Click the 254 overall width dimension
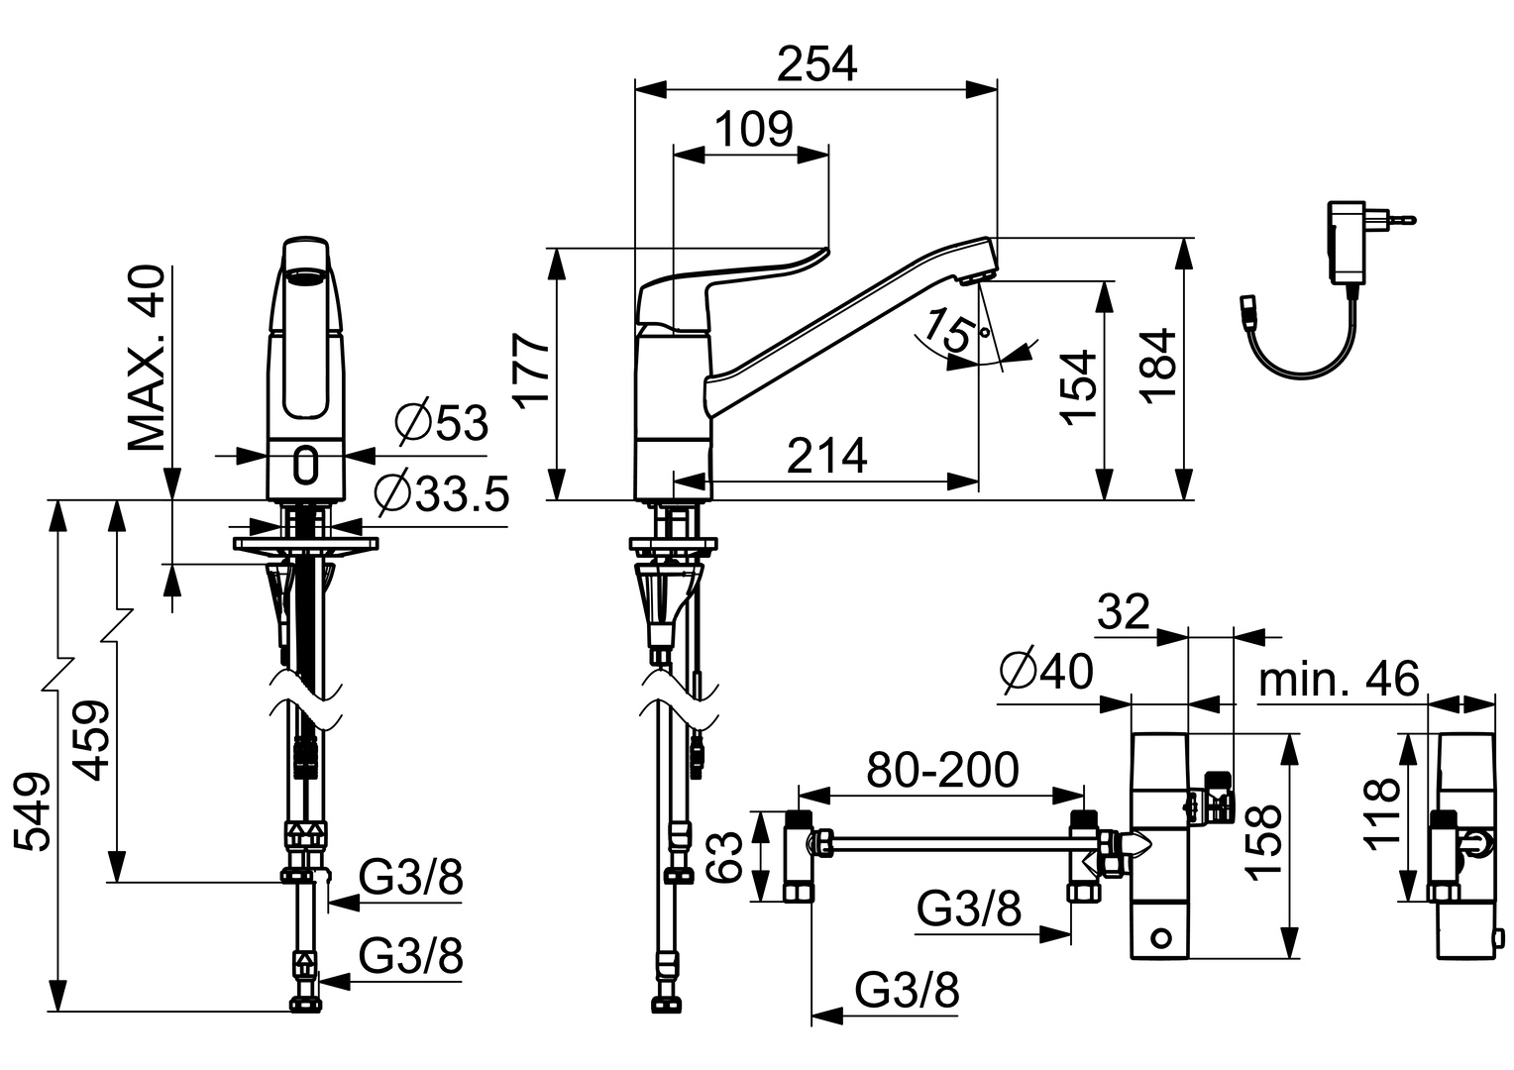click(816, 64)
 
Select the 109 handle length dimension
click(754, 130)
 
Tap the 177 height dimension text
click(533, 371)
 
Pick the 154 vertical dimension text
click(1080, 386)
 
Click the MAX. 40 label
click(147, 359)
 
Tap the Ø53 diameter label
click(441, 423)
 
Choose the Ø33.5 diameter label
click(441, 492)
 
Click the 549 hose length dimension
click(32, 812)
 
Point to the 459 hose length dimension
click(92, 740)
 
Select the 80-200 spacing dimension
click(942, 770)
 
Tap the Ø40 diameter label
click(1046, 673)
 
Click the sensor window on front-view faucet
click(307, 463)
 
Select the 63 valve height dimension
click(728, 857)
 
